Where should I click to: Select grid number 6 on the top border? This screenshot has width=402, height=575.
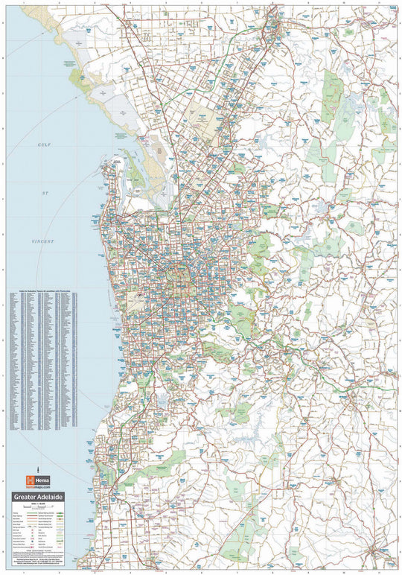(201, 3)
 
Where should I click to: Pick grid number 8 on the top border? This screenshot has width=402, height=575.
(272, 3)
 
